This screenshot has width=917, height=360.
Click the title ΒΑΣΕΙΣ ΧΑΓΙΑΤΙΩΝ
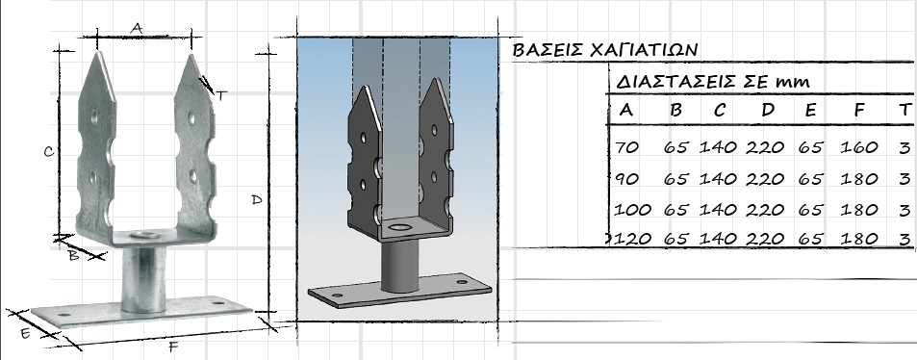click(605, 50)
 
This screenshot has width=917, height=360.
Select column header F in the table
click(858, 110)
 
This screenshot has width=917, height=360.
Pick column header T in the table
click(905, 110)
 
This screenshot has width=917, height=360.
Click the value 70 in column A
click(627, 147)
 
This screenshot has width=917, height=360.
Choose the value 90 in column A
click(627, 178)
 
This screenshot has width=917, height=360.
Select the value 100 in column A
click(633, 210)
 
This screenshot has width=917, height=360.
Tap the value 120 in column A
click(633, 239)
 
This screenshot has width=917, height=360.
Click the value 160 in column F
click(859, 147)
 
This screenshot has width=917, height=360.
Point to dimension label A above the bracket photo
click(137, 28)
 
